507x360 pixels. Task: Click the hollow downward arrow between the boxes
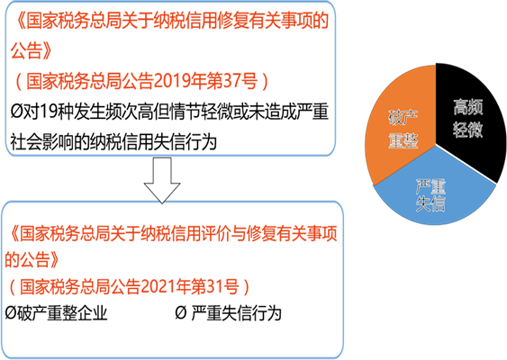162,180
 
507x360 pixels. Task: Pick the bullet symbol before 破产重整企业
10,313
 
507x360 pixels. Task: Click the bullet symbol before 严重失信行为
181,313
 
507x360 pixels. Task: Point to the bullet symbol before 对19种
16,112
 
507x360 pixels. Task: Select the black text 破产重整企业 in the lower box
62,313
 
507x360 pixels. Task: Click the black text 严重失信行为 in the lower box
236,313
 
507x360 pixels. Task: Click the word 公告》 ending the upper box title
31,50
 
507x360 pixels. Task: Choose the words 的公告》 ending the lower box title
32,259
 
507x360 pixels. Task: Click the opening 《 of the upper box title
19,21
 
